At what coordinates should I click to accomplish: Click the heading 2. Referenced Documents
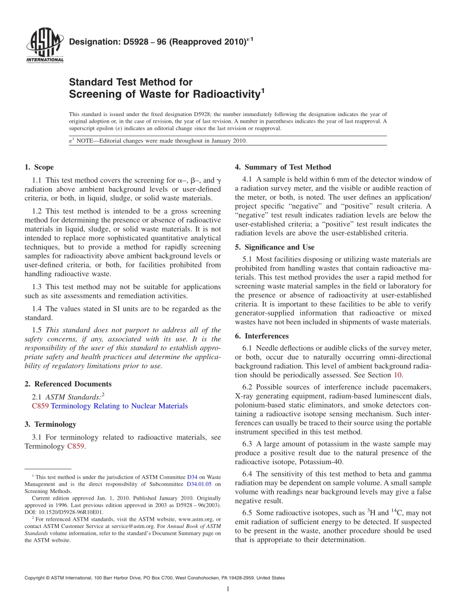click(68, 384)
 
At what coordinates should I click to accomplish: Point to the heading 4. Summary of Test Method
click(283, 167)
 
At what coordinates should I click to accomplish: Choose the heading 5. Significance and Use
click(275, 247)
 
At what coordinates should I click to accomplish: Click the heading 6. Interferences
click(262, 336)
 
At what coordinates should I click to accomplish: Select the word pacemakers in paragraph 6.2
click(413, 387)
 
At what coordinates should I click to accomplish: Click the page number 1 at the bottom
click(228, 589)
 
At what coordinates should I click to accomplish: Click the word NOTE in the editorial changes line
click(86, 141)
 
